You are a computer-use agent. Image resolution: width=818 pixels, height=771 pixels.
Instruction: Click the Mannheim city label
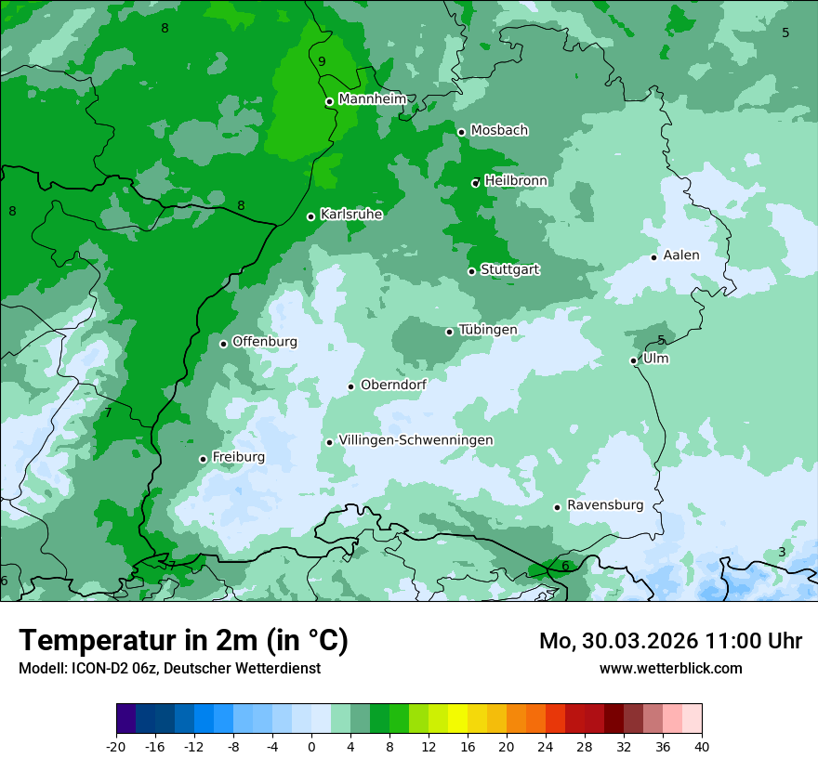click(x=372, y=98)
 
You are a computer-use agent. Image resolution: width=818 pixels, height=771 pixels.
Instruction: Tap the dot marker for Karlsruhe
click(x=311, y=216)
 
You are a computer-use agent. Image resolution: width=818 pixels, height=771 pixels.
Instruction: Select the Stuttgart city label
click(x=509, y=269)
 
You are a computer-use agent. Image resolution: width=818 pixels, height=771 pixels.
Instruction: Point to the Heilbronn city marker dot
click(x=476, y=183)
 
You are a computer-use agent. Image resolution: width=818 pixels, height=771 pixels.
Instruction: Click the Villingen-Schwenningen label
click(x=416, y=440)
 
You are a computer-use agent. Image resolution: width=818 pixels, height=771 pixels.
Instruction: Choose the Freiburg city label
click(x=238, y=457)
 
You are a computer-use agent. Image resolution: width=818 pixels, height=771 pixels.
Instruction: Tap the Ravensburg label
click(x=604, y=505)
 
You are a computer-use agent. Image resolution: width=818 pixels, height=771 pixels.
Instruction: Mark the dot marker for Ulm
click(x=634, y=360)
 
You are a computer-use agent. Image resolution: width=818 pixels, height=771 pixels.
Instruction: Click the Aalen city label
click(x=681, y=255)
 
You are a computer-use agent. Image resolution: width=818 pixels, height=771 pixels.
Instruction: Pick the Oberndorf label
click(x=393, y=385)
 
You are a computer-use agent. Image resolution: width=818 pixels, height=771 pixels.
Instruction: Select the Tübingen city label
click(x=487, y=330)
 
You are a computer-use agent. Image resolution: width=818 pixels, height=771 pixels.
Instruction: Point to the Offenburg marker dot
click(x=223, y=344)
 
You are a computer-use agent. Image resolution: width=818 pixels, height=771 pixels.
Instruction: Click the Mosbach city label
click(x=499, y=130)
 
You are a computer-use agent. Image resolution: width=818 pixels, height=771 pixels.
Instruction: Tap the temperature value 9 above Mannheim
click(x=322, y=61)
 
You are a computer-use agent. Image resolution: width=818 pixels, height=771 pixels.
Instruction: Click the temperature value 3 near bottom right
click(x=782, y=552)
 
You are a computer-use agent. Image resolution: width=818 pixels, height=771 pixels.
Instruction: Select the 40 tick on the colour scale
click(x=702, y=746)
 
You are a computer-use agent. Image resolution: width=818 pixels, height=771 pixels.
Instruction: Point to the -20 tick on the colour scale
click(x=116, y=746)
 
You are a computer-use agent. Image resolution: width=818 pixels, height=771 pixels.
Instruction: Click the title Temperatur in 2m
click(x=183, y=640)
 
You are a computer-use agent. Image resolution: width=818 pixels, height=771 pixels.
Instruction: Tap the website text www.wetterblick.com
click(x=670, y=668)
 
